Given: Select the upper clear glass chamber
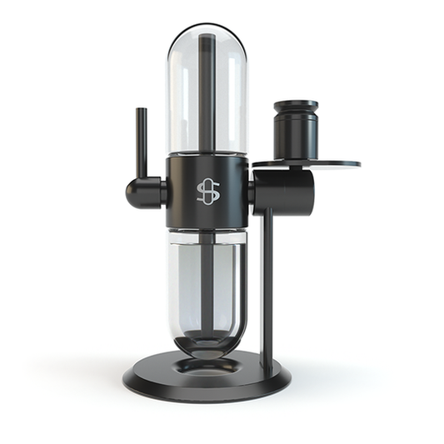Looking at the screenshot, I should point(185,100).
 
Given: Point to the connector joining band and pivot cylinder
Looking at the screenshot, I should point(250,192).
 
